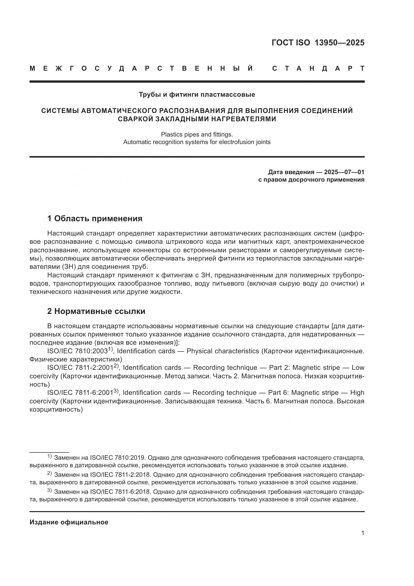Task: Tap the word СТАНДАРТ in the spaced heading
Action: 318,69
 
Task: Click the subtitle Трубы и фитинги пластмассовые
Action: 197,95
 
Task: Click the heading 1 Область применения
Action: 95,219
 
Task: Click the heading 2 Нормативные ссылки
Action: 96,311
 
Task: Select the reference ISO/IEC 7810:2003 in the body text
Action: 78,351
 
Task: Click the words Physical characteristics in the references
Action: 223,351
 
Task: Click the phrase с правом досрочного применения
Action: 311,180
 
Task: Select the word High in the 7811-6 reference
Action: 357,393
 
